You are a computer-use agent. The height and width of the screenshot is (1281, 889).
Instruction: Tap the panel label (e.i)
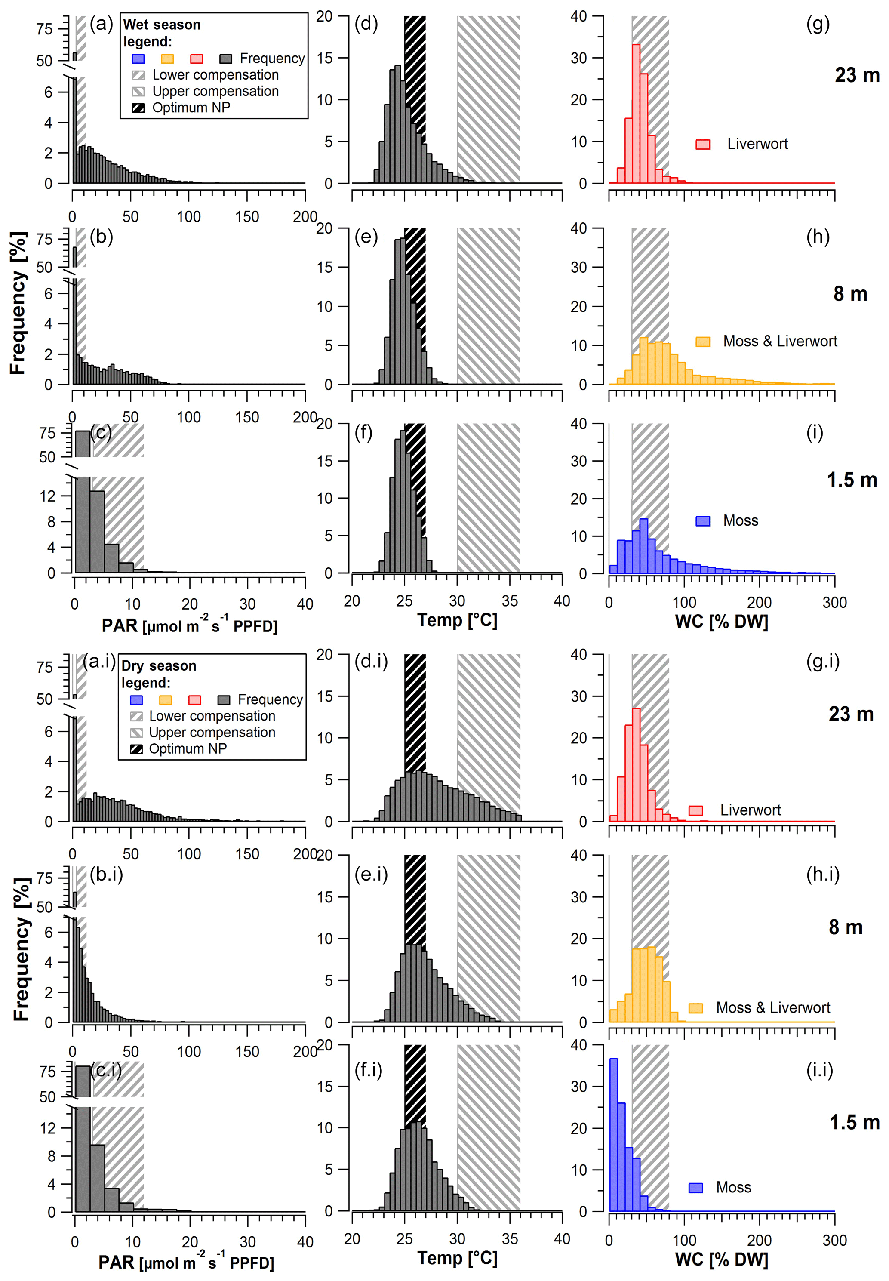[x=371, y=874]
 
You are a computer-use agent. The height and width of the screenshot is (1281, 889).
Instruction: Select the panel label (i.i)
[x=819, y=1069]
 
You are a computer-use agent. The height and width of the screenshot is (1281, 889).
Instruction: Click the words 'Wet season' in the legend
[x=162, y=25]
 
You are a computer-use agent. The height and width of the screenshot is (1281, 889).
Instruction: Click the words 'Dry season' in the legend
[x=159, y=665]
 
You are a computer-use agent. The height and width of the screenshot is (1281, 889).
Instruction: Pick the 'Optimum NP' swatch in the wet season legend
[x=138, y=108]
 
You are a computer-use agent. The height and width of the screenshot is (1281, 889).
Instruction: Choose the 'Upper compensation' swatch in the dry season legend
[x=136, y=733]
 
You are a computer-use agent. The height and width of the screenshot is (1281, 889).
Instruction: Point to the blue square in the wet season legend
[x=138, y=59]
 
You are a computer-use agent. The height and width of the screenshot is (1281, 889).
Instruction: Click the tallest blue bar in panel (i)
[x=643, y=546]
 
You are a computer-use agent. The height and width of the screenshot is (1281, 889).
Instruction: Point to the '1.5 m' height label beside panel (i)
[x=851, y=480]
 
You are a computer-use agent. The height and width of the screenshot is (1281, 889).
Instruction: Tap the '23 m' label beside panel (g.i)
[x=851, y=714]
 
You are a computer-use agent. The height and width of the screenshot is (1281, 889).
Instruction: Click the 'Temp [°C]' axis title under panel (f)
[x=457, y=620]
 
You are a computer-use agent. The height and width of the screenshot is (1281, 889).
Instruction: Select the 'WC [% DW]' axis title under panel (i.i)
[x=721, y=1259]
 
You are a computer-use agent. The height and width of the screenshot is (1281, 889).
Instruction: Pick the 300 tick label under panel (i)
[x=834, y=602]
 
